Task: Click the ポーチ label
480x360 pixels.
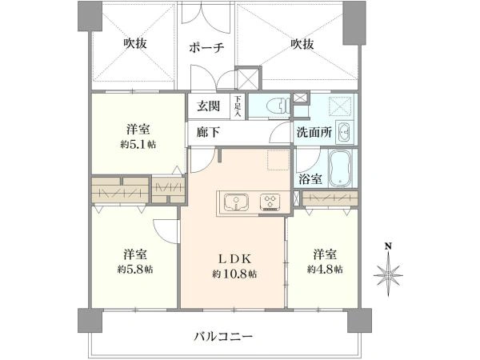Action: coord(206,48)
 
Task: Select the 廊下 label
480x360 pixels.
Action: coord(207,132)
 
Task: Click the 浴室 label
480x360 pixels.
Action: coord(310,179)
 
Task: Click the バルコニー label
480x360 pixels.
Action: coord(223,337)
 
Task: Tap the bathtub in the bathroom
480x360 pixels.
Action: coord(343,167)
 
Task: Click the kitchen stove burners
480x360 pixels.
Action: coord(269,201)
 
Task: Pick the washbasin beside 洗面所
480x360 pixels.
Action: coord(345,131)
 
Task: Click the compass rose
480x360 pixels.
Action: coord(388,274)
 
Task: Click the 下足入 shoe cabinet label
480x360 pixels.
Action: coord(238,106)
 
